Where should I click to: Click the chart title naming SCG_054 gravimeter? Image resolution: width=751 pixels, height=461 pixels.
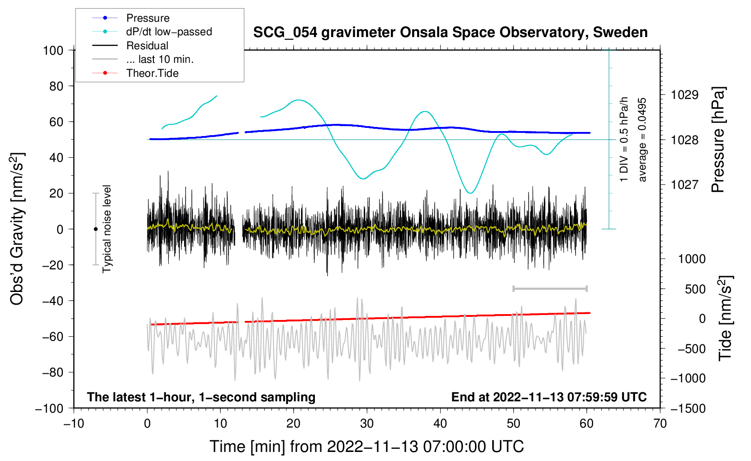tap(450, 33)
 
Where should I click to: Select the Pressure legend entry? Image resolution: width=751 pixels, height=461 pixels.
tap(131, 18)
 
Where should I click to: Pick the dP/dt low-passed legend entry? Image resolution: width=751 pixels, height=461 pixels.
tap(152, 32)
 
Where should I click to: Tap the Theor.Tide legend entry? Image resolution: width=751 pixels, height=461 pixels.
tap(135, 73)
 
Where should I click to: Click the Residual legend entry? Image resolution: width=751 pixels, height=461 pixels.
tap(130, 46)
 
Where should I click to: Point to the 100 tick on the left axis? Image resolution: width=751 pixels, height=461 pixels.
tap(53, 51)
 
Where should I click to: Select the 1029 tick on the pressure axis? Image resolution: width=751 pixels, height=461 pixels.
tap(684, 95)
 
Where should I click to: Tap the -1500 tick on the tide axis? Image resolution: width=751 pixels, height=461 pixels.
tap(688, 409)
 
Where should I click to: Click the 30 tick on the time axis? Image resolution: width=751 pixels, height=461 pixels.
tap(367, 424)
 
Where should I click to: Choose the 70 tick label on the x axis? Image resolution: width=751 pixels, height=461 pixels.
tap(660, 424)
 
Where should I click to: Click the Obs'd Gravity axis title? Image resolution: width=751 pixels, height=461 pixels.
tap(17, 229)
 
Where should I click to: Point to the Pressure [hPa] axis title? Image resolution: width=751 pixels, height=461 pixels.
tap(718, 139)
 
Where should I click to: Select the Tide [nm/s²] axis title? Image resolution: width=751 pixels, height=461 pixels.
tap(725, 318)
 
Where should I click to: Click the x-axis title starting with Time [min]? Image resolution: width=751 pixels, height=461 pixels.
tap(367, 447)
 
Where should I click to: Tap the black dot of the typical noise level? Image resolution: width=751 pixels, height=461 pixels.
tap(95, 229)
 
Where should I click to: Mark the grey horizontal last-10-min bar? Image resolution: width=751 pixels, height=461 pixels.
tap(550, 288)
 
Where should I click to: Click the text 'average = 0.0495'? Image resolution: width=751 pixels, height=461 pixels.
tap(642, 140)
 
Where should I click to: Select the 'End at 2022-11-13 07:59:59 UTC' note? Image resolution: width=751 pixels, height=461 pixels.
tap(549, 397)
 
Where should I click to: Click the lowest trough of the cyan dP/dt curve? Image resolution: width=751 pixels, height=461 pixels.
tap(471, 193)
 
